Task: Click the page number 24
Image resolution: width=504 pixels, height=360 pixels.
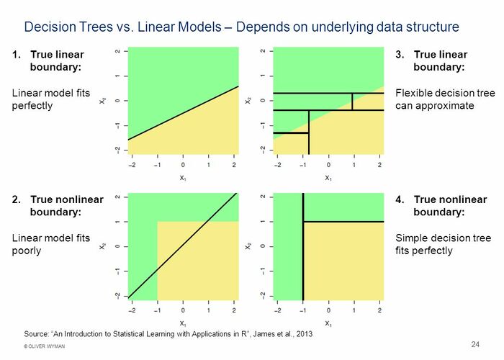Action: [475, 342]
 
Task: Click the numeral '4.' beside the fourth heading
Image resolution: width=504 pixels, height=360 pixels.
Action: [400, 199]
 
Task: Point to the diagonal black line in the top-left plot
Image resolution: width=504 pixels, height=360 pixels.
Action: [184, 113]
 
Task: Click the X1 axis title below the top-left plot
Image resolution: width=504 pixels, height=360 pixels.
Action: [183, 177]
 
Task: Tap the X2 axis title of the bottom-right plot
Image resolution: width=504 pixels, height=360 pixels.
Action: [248, 246]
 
